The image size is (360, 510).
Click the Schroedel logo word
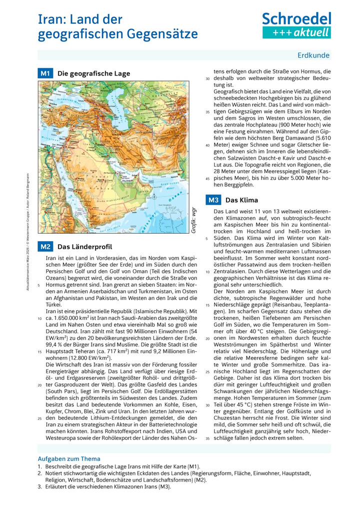coord(296,19)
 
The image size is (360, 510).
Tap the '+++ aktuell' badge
coord(296,33)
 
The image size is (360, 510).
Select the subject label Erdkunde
coord(313,56)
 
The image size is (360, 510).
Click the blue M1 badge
coord(45,73)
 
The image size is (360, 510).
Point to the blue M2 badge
coord(45,247)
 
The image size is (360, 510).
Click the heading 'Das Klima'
coord(242,200)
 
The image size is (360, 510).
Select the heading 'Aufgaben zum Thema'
coord(69,458)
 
